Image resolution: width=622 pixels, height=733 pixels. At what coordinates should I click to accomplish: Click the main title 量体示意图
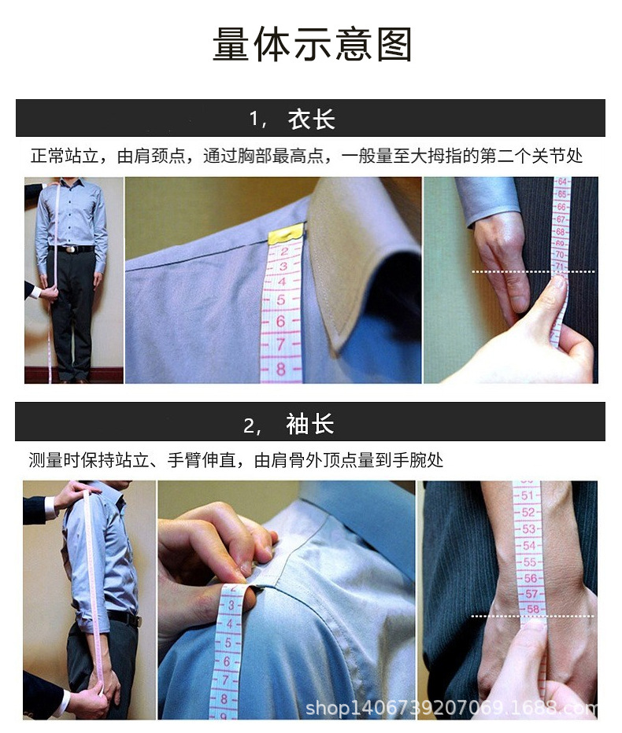click(x=312, y=44)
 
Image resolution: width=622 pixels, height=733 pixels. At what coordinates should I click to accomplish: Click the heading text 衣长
click(x=311, y=120)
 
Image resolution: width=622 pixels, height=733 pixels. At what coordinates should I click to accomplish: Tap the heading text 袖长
click(x=310, y=424)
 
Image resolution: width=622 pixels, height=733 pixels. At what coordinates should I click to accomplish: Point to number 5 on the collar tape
click(x=281, y=300)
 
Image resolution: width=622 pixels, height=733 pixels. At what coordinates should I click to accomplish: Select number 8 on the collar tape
click(x=280, y=369)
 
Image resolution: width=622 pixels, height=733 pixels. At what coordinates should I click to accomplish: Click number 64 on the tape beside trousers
click(x=562, y=182)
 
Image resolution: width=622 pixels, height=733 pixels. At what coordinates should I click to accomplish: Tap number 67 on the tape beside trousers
click(x=561, y=219)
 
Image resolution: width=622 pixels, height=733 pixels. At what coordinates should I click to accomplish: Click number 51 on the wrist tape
click(x=527, y=495)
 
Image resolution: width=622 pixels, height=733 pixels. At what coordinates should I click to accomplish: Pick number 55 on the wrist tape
click(x=530, y=562)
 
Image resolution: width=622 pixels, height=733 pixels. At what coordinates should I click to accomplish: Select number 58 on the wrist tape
click(x=533, y=609)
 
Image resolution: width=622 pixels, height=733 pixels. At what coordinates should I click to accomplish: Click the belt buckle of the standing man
click(x=71, y=249)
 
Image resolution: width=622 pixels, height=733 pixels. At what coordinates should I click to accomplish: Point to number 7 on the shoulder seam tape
click(x=225, y=680)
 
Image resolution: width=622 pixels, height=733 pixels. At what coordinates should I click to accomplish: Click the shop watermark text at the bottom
click(x=451, y=708)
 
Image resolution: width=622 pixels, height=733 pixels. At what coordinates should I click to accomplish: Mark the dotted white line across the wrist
click(x=532, y=616)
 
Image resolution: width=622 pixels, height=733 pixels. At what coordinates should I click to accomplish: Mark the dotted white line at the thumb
click(x=534, y=271)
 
